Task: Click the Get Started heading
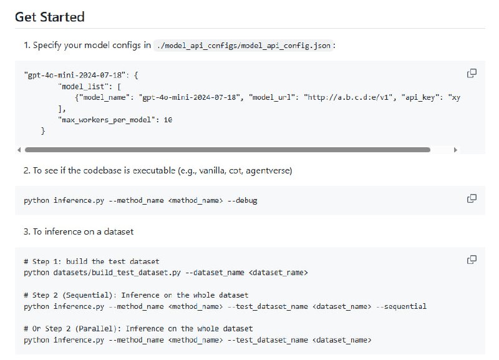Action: (49, 17)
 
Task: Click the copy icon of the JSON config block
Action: (472, 74)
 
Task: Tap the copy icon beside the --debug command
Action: (472, 198)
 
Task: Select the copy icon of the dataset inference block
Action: (472, 259)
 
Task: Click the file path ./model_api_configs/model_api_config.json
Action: (244, 45)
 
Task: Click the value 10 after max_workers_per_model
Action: (168, 119)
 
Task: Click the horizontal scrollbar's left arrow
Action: (19, 150)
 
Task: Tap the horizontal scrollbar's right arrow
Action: (455, 150)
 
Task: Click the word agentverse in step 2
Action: (271, 170)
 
